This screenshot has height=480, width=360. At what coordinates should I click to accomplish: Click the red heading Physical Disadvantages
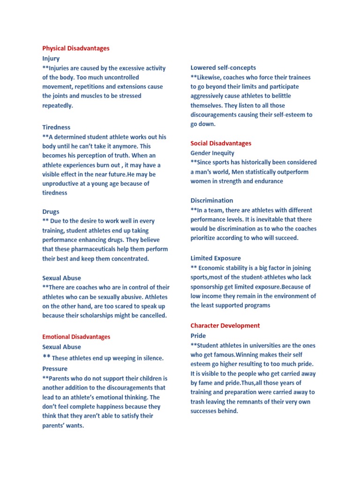[76, 48]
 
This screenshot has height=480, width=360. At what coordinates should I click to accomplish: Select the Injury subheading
[51, 59]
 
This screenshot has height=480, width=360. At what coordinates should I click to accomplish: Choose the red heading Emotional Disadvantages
[76, 337]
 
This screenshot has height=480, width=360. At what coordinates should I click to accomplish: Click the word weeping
[110, 358]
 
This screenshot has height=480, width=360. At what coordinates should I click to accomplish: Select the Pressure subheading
[55, 369]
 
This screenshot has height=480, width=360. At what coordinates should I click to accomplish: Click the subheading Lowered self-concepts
[223, 67]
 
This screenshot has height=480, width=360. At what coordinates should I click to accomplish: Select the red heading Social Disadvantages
[221, 143]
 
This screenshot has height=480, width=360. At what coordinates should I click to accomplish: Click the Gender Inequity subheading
[212, 153]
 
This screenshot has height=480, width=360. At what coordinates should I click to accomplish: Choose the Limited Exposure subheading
[216, 258]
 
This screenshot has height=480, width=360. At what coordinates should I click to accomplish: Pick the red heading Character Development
[225, 325]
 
